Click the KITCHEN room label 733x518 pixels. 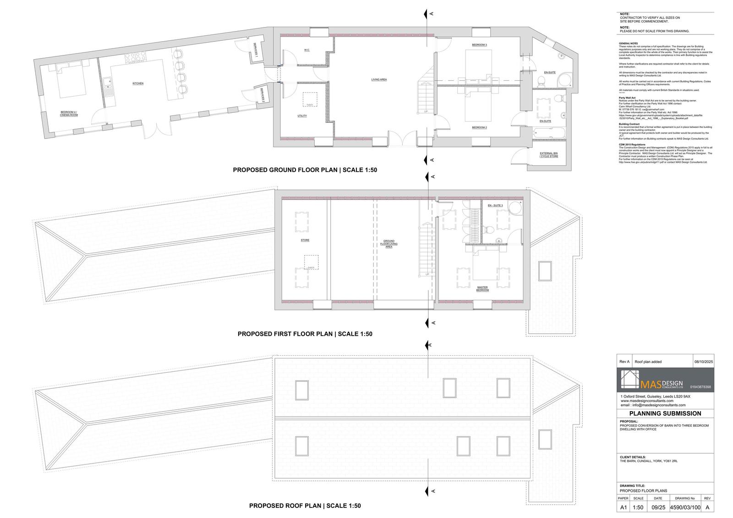coord(138,83)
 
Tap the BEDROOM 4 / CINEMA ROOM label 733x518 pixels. coord(69,113)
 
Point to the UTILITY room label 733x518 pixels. coord(302,116)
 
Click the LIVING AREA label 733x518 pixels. coord(379,79)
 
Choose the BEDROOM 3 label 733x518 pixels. coord(479,44)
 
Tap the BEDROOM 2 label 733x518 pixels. coord(479,127)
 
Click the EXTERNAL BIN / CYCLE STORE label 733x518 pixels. coord(548,154)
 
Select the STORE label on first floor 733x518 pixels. coord(305,240)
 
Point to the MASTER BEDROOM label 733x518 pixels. coord(482,289)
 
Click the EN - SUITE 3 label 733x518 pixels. coord(495,205)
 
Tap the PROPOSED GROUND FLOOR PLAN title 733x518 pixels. coord(305,170)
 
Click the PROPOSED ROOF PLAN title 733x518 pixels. coord(305,506)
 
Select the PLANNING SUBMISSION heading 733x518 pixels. coord(665,413)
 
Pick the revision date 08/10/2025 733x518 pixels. coord(703,362)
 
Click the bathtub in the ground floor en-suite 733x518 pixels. coord(549,133)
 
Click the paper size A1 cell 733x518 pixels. coord(623,507)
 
